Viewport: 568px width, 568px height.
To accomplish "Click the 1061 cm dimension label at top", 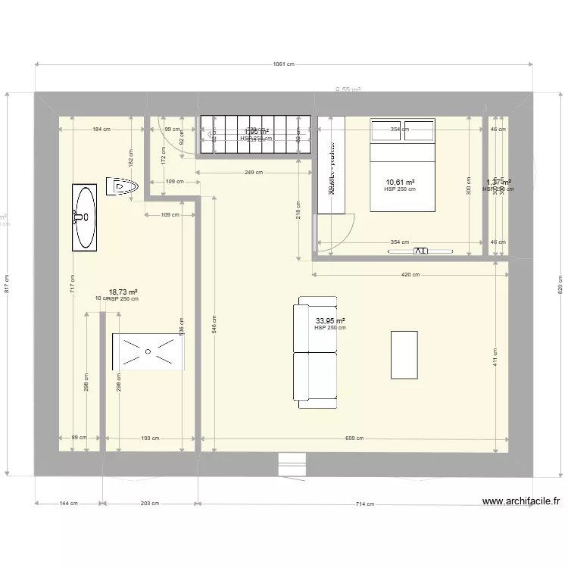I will [284, 65].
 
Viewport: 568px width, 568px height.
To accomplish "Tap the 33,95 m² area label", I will [330, 320].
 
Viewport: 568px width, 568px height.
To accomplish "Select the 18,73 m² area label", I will [123, 292].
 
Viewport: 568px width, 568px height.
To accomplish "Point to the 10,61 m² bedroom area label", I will [400, 183].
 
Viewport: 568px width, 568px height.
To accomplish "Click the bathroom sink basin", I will [84, 217].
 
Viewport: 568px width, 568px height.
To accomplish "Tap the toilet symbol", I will [123, 186].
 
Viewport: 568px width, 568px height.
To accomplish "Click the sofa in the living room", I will [317, 353].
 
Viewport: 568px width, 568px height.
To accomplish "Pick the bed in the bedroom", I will [402, 165].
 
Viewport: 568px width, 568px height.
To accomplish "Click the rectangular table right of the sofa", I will [404, 354].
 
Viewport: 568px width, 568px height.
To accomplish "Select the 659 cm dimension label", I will [354, 438].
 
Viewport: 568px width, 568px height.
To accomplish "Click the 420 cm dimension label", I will [410, 274].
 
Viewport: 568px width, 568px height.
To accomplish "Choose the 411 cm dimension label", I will [496, 357].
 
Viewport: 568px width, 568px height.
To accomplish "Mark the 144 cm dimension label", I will [69, 504].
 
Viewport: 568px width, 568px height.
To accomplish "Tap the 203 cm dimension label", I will [150, 504].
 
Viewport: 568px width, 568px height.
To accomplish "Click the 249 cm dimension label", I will [254, 173].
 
